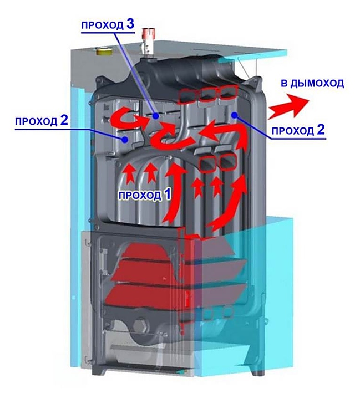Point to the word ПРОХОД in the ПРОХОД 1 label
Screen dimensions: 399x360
point(139,196)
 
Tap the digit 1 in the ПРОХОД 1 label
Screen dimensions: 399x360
point(167,195)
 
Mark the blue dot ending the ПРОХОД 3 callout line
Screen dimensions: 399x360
point(157,116)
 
